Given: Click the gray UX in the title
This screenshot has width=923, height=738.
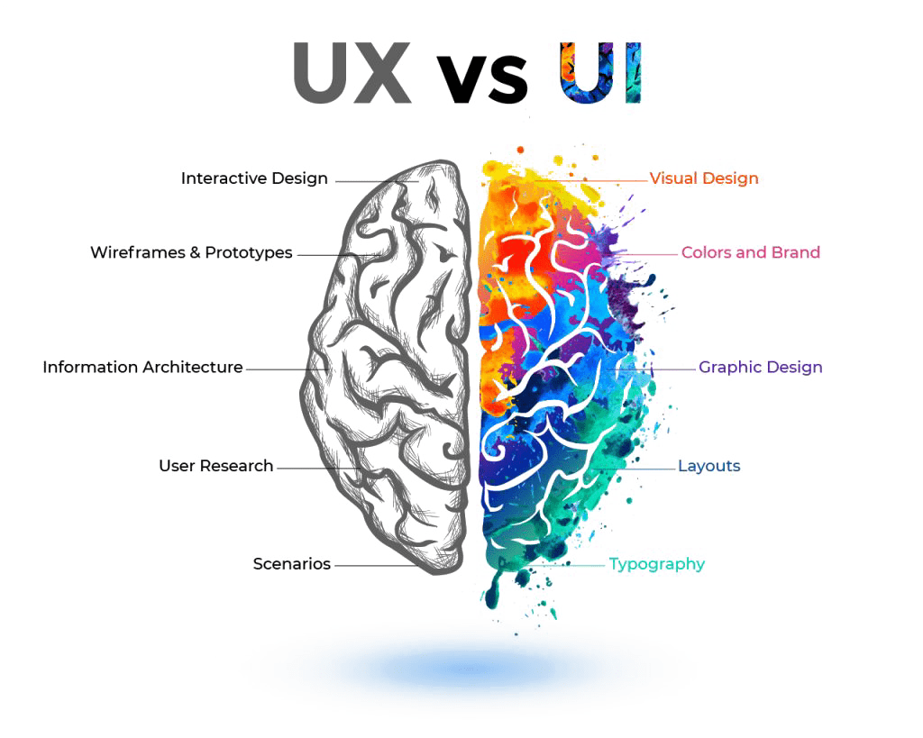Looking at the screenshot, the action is coord(352,73).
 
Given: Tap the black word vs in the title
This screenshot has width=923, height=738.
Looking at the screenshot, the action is coord(482,77).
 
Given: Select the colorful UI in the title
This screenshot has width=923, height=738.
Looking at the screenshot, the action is coord(599,72).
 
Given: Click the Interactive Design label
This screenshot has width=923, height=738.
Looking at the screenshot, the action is coord(254,178).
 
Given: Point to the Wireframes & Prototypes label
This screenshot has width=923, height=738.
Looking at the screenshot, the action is coord(191,252).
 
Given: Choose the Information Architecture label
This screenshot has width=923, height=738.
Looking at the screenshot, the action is coord(142,368).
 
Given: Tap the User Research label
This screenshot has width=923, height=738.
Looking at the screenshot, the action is coord(216,466).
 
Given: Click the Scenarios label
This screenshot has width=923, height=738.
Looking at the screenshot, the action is coord(292,564).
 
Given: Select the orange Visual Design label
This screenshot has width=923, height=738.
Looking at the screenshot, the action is coord(704,178).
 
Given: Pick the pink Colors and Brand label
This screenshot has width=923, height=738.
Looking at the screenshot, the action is coord(751,252).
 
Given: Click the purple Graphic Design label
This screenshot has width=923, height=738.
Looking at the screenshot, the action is coord(761,368).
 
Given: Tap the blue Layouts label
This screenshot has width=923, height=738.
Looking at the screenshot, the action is coord(709,466).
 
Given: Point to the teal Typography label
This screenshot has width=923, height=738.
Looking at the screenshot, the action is coord(657,564).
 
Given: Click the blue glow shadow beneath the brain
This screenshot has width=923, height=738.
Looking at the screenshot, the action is coord(468,668).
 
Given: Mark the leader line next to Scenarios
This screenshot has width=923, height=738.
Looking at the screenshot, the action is coord(376,566).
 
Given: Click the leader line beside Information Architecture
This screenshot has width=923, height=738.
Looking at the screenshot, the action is coord(288,369).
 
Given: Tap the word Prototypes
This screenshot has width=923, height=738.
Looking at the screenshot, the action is coord(249,252).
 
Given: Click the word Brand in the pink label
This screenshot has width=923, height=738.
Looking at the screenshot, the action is coord(796,252).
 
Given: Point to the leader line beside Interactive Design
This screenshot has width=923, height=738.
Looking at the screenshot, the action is coord(378,181).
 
